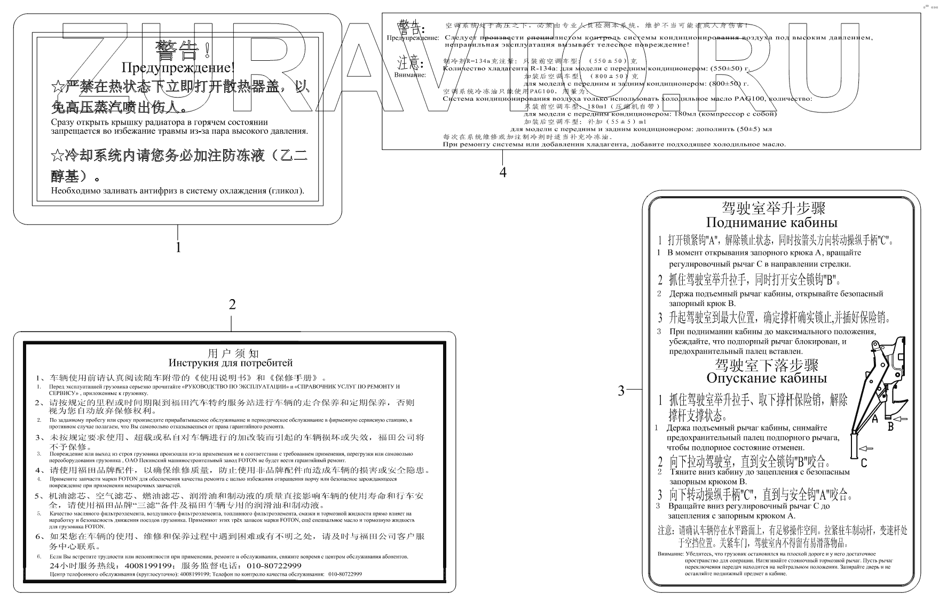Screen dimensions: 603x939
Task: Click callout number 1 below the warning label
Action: (178, 247)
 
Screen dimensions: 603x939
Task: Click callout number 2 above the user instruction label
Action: (232, 304)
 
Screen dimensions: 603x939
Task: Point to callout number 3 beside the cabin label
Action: (621, 391)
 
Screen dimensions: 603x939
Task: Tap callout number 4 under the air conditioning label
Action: (502, 172)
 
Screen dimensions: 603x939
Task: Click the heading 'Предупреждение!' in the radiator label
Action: (178, 68)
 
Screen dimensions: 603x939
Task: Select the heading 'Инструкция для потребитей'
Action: (231, 363)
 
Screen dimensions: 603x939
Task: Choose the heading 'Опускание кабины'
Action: (766, 378)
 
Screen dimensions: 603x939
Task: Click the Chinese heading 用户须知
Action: (232, 353)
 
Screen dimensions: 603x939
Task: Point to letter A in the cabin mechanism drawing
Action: (874, 420)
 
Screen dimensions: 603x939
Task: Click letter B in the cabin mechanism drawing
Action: (890, 426)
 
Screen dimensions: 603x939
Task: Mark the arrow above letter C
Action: (866, 449)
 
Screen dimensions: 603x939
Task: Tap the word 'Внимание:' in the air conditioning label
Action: (410, 75)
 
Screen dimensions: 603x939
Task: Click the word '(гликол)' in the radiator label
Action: (287, 191)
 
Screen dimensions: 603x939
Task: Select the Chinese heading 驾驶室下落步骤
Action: (767, 365)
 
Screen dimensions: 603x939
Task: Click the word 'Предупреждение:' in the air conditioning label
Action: (413, 38)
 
